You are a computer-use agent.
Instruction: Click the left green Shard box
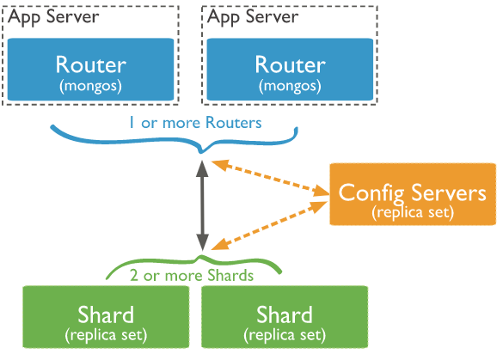105,318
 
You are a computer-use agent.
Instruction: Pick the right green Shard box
284,318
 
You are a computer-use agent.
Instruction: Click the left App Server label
53,16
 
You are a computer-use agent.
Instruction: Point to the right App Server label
253,16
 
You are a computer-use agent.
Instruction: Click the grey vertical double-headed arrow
203,206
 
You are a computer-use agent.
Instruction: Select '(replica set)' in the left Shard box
105,333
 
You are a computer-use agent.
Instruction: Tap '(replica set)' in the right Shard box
284,333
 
